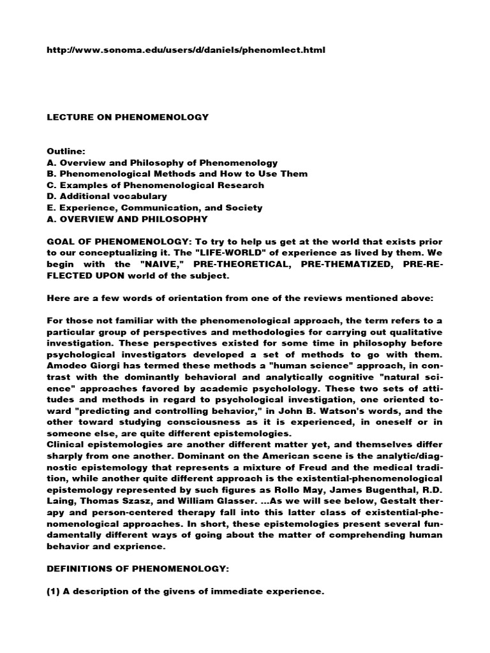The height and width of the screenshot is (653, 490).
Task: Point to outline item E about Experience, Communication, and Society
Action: coord(154,208)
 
